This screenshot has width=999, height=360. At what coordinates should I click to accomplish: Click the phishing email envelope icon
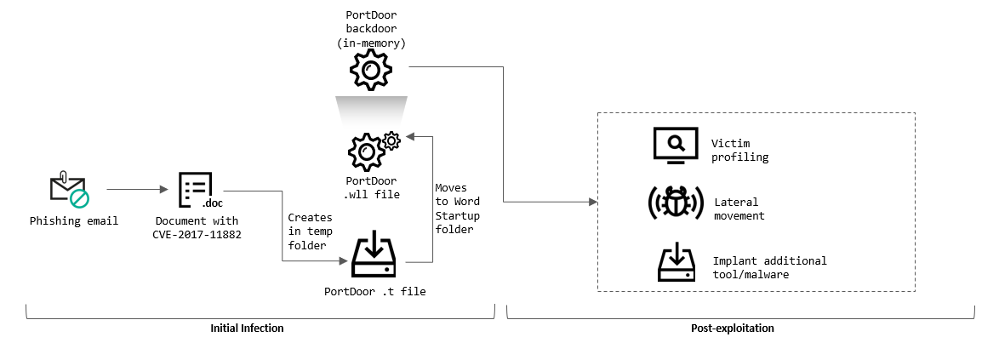68,189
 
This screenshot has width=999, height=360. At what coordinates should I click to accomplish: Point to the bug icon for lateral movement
674,203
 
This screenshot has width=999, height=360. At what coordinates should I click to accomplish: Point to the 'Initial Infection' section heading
247,328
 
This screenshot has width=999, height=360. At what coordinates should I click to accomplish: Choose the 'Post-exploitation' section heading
733,328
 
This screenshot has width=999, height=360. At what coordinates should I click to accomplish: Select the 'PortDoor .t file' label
374,291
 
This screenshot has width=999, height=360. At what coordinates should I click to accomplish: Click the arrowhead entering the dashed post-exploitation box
592,202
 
